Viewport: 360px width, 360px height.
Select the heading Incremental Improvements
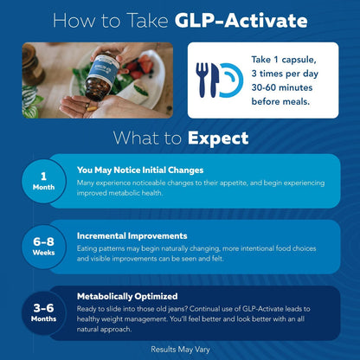[x=132, y=235]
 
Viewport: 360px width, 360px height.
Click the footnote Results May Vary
[x=180, y=350]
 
